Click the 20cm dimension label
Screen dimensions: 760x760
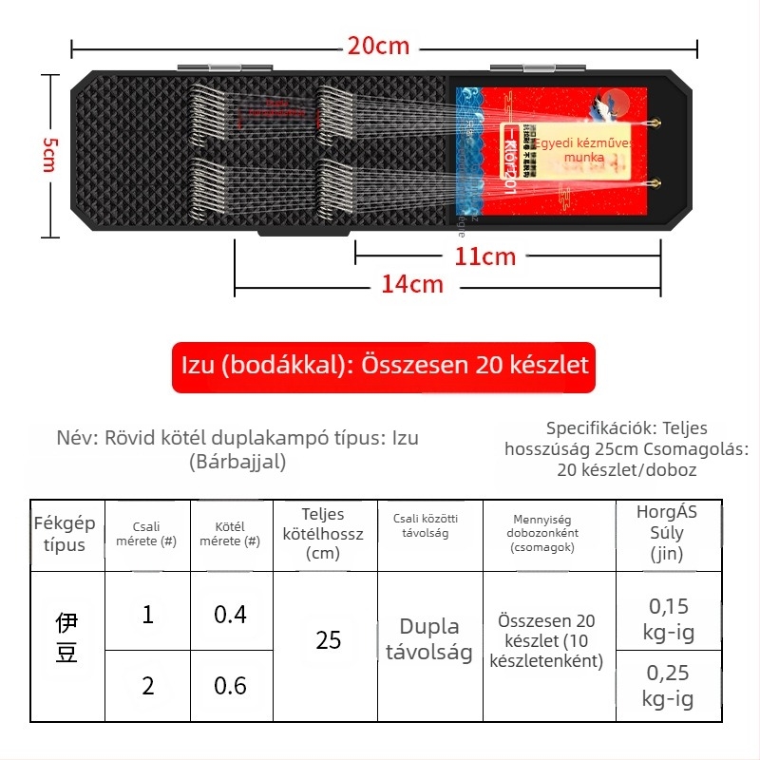[378, 47]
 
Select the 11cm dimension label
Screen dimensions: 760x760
[484, 256]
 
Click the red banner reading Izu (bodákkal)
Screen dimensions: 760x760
[384, 367]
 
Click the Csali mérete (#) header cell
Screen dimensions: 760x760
[147, 534]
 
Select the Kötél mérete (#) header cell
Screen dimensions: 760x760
[230, 534]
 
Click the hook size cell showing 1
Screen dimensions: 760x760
[147, 615]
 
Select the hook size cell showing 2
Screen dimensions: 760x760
[147, 685]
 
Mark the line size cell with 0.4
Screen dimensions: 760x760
[230, 615]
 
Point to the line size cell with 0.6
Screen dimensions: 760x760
[230, 685]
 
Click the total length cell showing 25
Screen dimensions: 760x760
[328, 640]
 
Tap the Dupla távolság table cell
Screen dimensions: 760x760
[429, 639]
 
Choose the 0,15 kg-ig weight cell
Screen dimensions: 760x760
[668, 617]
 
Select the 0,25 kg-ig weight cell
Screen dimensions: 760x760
[668, 686]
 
